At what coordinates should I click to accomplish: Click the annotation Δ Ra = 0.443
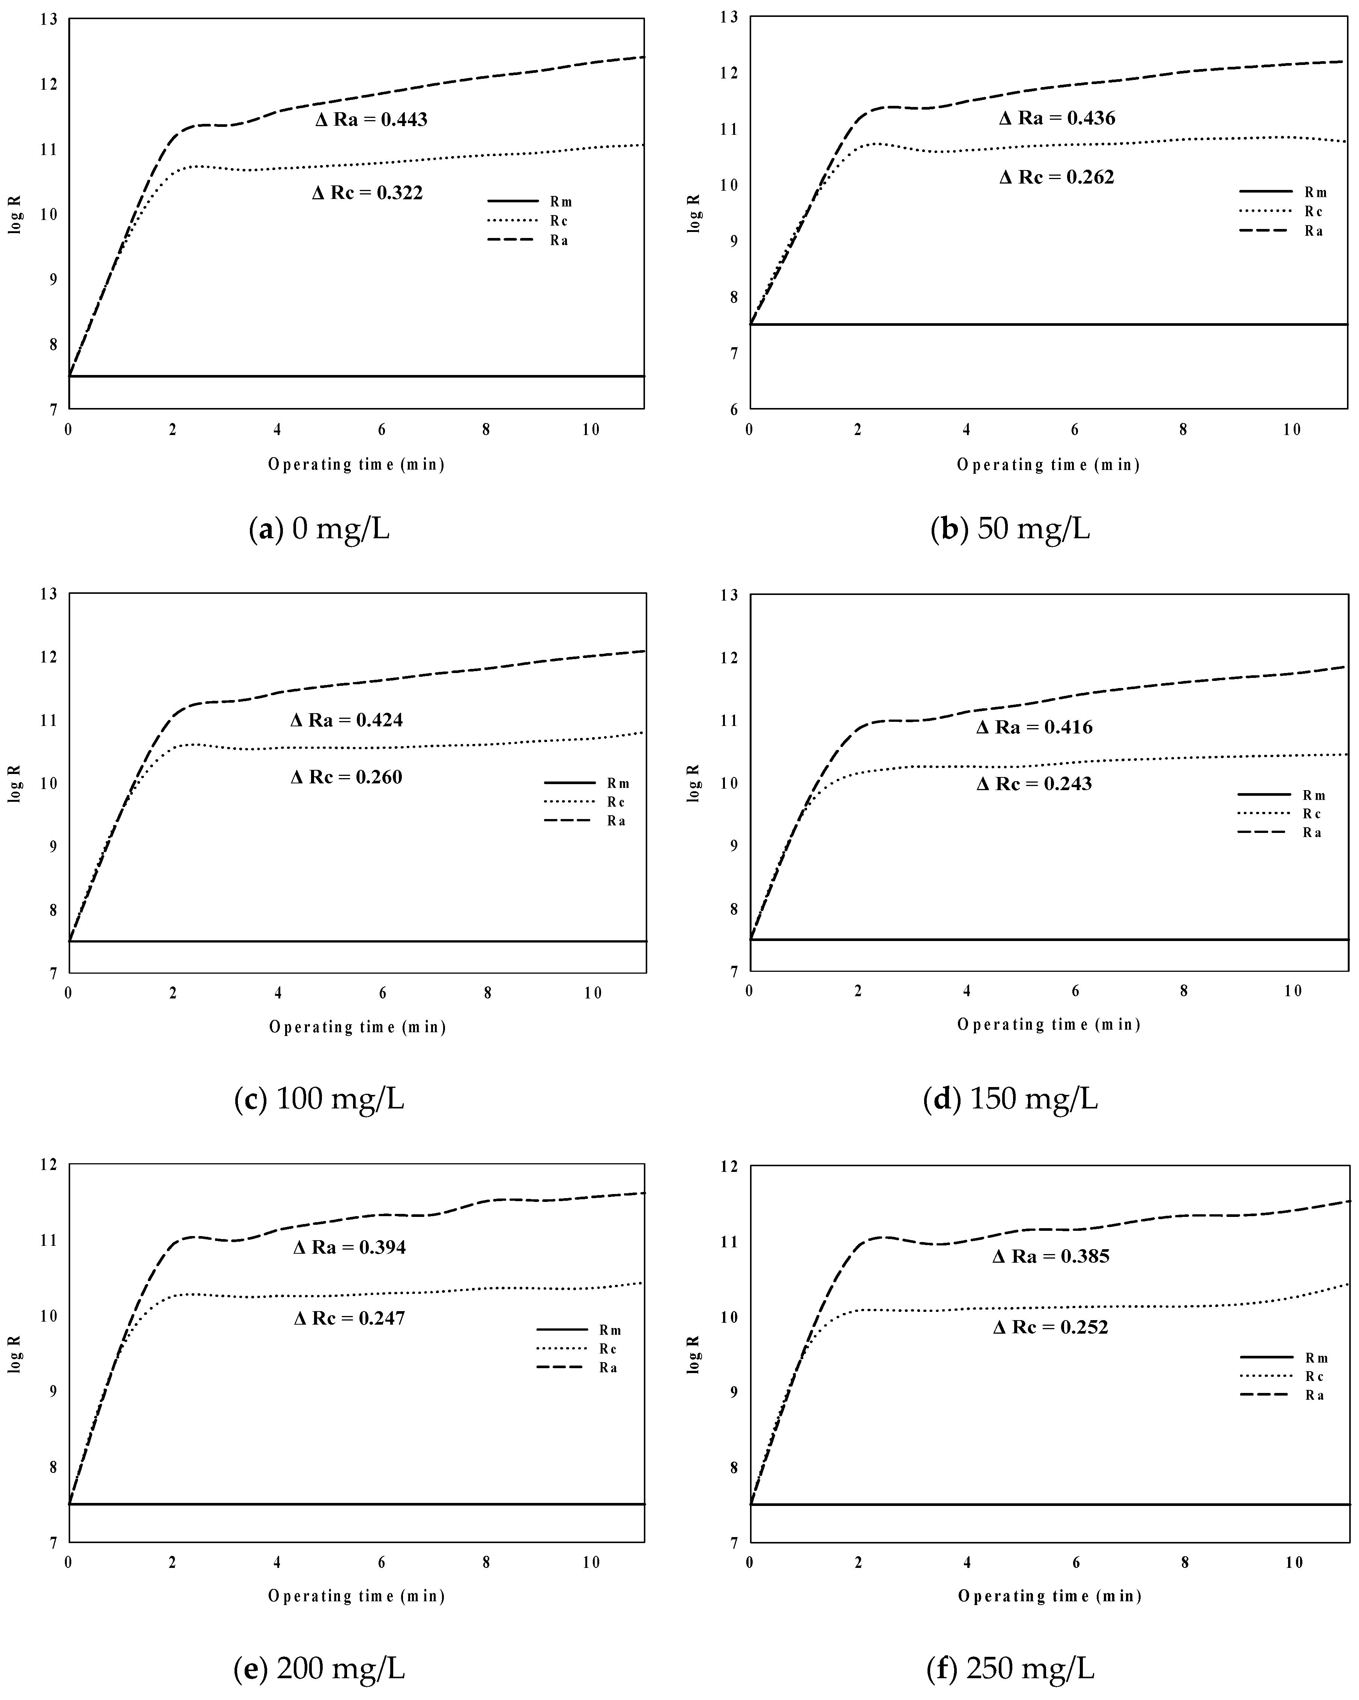[x=371, y=120]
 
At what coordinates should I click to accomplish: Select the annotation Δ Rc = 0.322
[x=367, y=193]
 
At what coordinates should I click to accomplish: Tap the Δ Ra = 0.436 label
[x=1057, y=118]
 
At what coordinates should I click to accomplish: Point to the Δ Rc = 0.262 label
[x=1057, y=178]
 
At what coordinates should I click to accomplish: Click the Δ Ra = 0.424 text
[x=347, y=720]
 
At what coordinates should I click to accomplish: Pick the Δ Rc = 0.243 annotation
[x=1034, y=784]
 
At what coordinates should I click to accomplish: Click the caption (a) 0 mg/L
[x=319, y=529]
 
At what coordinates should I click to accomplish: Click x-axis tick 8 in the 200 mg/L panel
[x=486, y=1562]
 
